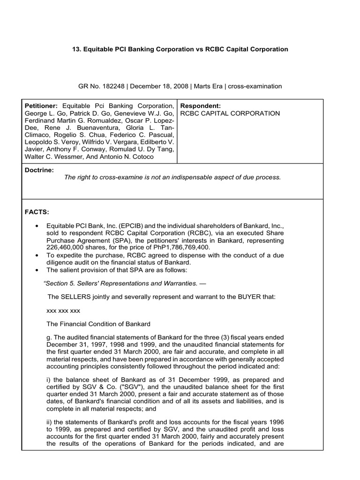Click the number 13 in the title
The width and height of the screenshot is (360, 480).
76,49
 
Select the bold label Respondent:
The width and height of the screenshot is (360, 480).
201,106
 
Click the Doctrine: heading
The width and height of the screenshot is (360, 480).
39,170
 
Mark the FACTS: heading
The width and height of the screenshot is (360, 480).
37,212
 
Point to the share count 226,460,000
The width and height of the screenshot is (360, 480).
67,247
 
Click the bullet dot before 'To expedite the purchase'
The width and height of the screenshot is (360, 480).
37,255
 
